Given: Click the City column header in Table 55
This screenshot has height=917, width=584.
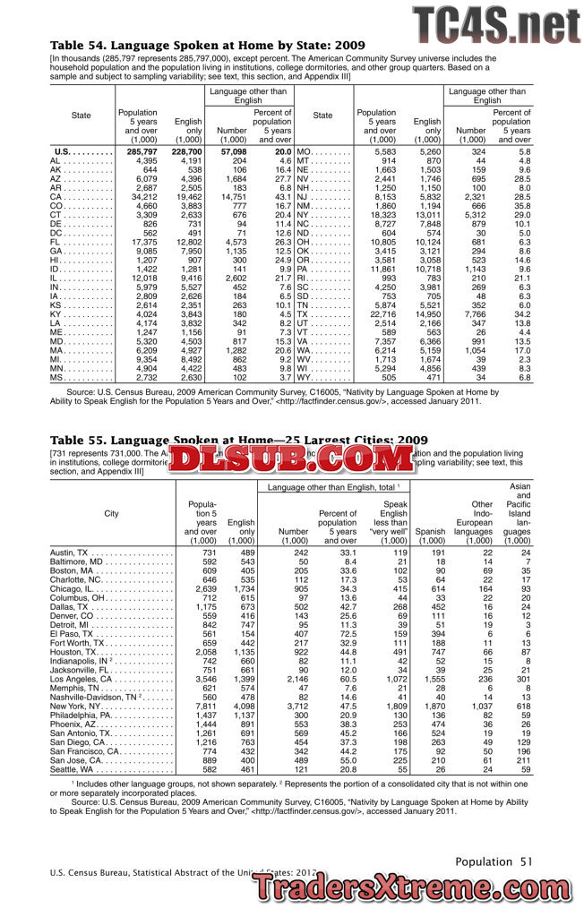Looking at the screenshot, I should tap(111, 513).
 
